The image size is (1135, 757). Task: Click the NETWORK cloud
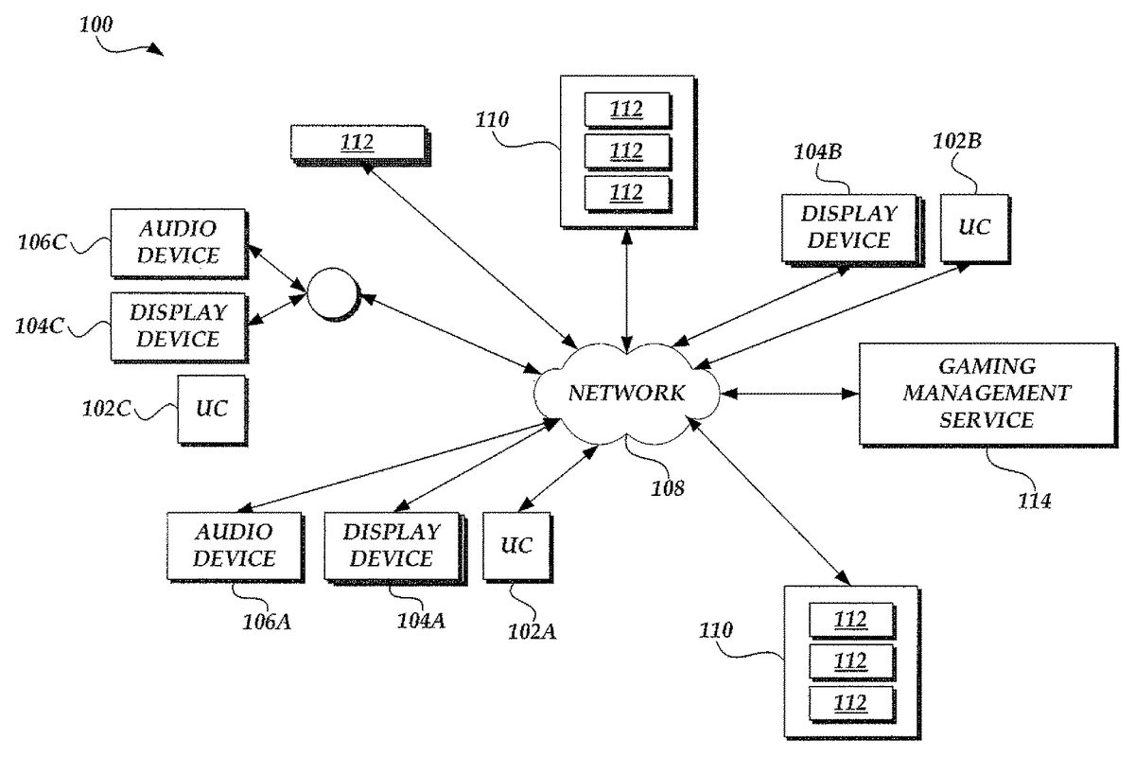[625, 393]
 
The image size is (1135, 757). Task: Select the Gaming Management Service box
[986, 394]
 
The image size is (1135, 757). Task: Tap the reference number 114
[1035, 501]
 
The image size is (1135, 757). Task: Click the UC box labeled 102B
[974, 228]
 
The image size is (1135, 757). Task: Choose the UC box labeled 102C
[211, 408]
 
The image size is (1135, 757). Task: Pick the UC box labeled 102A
[516, 545]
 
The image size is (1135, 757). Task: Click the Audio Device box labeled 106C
[178, 241]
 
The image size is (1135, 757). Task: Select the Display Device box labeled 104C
[178, 325]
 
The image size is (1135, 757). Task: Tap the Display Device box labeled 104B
[848, 227]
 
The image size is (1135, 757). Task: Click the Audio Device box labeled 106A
[234, 545]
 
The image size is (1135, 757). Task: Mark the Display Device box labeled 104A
[391, 545]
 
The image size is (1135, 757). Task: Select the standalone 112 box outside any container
[358, 144]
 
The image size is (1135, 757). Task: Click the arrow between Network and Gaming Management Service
[789, 392]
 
